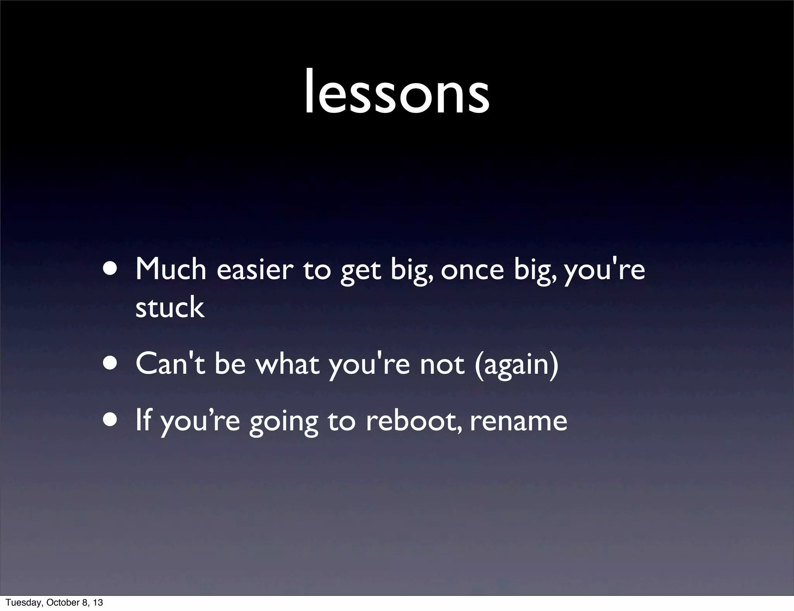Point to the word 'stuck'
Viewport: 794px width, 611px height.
click(170, 307)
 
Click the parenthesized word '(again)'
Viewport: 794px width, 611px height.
click(516, 364)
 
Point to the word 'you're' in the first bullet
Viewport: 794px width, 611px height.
click(604, 270)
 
